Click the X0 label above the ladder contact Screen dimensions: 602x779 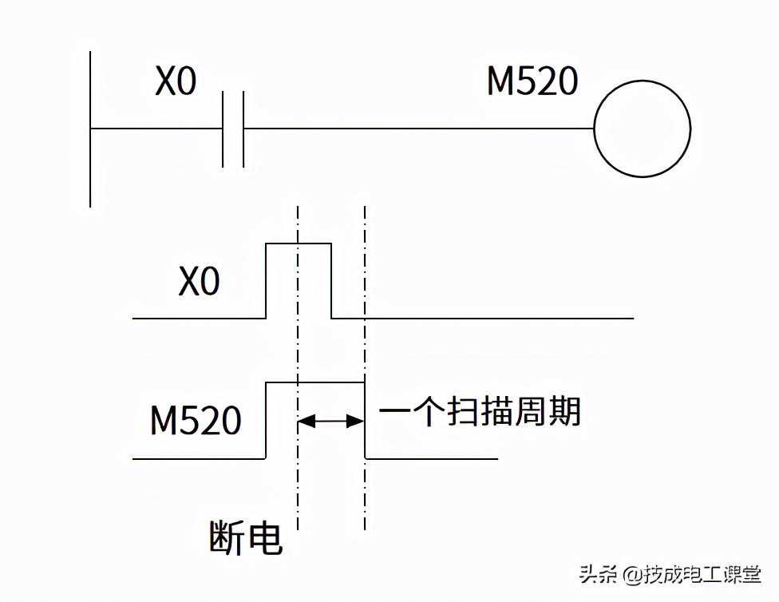[175, 82]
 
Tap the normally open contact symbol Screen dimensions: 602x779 [233, 129]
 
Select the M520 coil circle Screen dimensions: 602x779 [642, 129]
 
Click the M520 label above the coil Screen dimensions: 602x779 [532, 81]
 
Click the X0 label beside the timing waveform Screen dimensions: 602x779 [199, 282]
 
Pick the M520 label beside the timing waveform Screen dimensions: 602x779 [196, 421]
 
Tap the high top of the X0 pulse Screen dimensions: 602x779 [298, 243]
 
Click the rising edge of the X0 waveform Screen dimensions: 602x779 [265, 279]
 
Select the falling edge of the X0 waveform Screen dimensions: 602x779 [331, 279]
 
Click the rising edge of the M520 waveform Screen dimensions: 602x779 [265, 421]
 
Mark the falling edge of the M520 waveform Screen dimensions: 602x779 [365, 421]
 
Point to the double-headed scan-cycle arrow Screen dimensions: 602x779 [330, 421]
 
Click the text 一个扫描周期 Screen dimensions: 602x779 [479, 413]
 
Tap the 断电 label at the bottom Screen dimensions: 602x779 [246, 537]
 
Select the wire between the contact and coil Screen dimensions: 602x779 [415, 129]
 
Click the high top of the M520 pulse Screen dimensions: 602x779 [314, 383]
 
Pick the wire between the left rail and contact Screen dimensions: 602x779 [156, 129]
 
